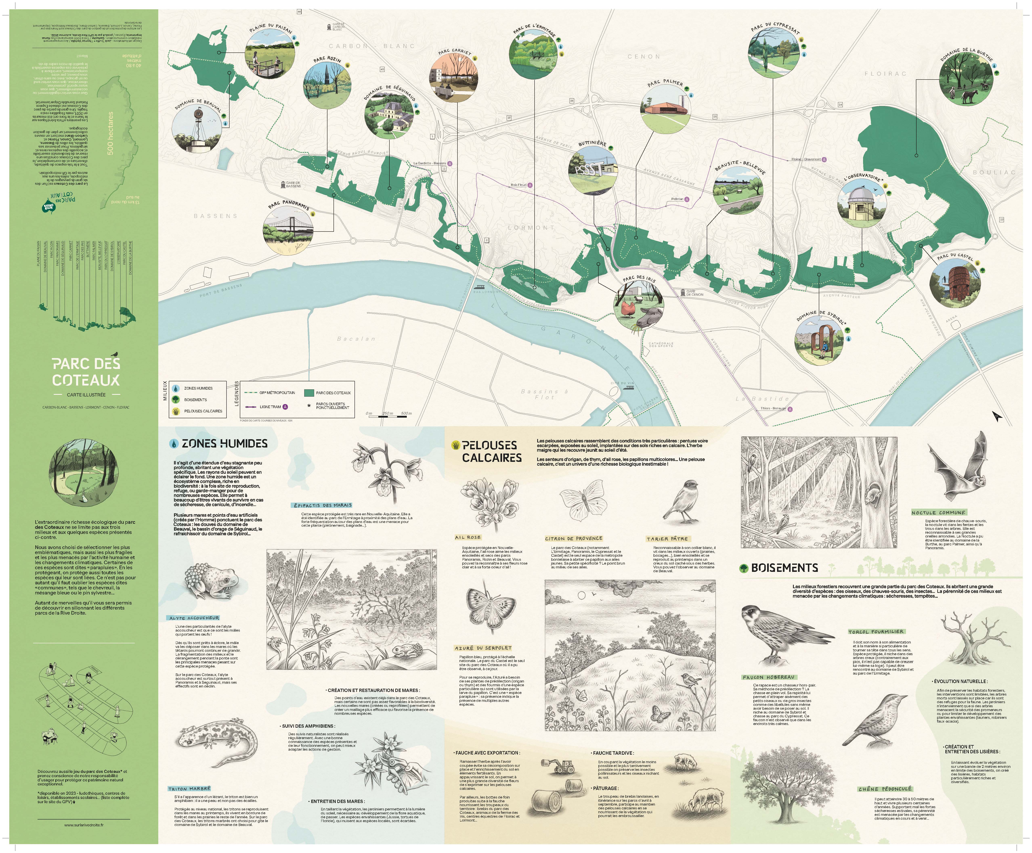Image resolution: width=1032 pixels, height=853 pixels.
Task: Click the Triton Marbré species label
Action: pyautogui.click(x=189, y=789)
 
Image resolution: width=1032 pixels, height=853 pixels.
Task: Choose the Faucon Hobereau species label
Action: pyautogui.click(x=768, y=677)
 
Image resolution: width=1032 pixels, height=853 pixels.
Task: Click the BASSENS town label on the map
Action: pyautogui.click(x=215, y=216)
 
